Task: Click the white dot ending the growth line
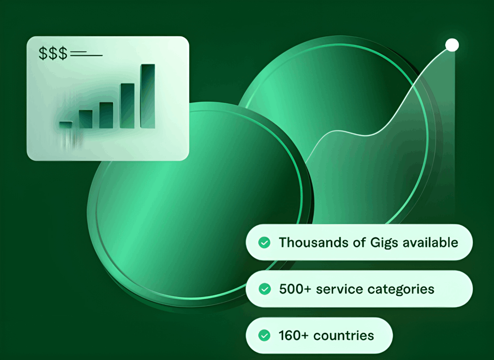tap(452, 45)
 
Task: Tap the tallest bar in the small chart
tap(148, 96)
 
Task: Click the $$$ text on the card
tap(53, 54)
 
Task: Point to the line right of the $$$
tap(86, 55)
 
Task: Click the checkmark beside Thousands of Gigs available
tap(264, 242)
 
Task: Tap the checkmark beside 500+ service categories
tap(264, 289)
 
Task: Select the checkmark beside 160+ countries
tap(264, 336)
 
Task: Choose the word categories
tap(401, 289)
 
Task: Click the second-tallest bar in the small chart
tap(127, 106)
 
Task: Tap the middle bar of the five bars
tap(106, 115)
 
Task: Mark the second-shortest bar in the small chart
tap(85, 119)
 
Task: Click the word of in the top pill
tap(358, 242)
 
